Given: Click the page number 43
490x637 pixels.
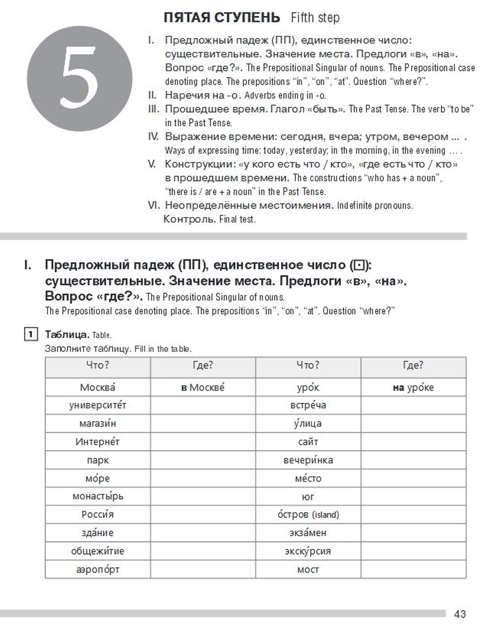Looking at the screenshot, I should click(460, 614).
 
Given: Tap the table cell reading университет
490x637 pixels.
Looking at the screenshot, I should click(98, 405).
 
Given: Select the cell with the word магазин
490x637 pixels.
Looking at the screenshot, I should click(98, 423).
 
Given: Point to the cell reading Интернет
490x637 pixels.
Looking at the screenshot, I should click(98, 441).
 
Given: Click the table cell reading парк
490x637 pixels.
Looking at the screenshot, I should click(98, 460).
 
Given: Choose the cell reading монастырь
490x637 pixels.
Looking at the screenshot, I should click(98, 496).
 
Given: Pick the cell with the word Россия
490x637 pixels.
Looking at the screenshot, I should click(98, 514).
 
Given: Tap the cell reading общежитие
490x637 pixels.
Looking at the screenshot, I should click(98, 551).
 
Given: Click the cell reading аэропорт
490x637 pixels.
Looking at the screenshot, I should click(98, 569).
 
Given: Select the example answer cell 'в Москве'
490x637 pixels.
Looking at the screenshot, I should click(203, 388).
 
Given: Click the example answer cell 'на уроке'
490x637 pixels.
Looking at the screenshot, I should click(413, 388).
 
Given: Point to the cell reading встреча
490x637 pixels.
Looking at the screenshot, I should click(308, 405).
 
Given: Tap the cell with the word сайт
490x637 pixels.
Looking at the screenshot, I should click(308, 441).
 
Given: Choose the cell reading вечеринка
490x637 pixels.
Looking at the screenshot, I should click(308, 460).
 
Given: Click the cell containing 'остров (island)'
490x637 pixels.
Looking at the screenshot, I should click(308, 514).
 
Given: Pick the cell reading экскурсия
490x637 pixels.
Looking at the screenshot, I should click(308, 551).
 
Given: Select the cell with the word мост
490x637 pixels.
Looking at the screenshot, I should click(308, 569).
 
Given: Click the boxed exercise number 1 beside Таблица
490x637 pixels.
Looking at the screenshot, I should click(30, 335).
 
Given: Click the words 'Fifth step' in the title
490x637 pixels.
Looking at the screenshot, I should click(315, 18).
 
